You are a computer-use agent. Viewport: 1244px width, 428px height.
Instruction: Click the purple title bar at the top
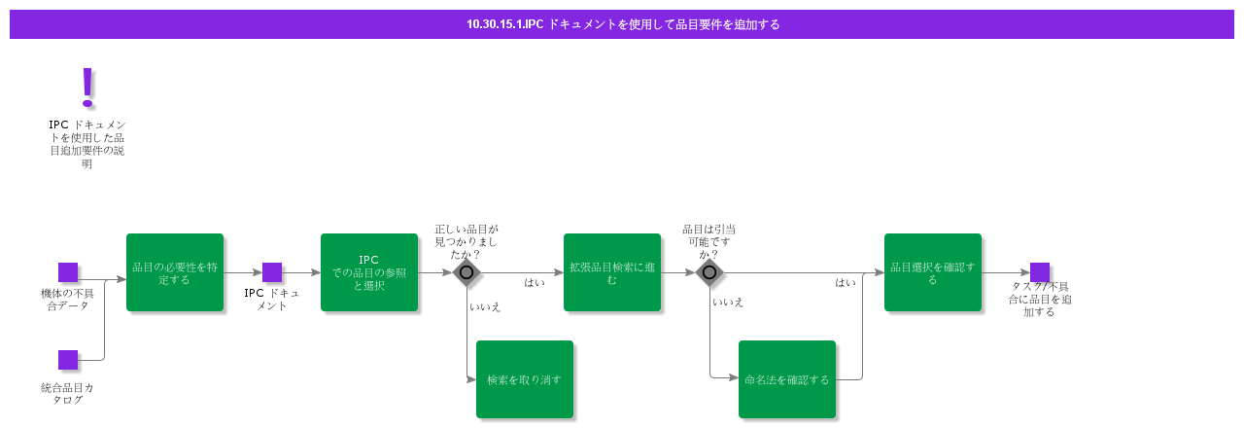pyautogui.click(x=622, y=24)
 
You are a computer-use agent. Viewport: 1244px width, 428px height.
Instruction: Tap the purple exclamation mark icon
pyautogui.click(x=87, y=88)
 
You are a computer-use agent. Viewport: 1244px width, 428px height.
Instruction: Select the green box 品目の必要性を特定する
pyautogui.click(x=175, y=272)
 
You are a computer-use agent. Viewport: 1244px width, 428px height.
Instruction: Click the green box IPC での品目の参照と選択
pyautogui.click(x=369, y=272)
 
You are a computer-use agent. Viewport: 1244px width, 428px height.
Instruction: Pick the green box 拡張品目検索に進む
pyautogui.click(x=612, y=272)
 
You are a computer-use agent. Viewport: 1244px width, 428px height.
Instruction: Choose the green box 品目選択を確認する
pyautogui.click(x=933, y=272)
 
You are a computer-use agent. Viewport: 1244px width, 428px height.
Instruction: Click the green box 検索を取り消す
pyautogui.click(x=525, y=379)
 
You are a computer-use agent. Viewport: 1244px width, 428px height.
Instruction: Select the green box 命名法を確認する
pyautogui.click(x=787, y=379)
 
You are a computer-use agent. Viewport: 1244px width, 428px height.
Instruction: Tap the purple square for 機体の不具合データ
pyautogui.click(x=68, y=272)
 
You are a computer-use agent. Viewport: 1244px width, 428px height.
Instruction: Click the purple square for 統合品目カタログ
pyautogui.click(x=68, y=360)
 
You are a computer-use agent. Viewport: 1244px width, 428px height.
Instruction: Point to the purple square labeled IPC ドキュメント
pyautogui.click(x=272, y=272)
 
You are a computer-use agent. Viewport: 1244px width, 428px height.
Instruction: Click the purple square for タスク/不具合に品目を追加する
pyautogui.click(x=1040, y=272)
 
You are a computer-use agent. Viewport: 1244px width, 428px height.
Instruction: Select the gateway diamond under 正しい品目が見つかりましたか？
pyautogui.click(x=466, y=272)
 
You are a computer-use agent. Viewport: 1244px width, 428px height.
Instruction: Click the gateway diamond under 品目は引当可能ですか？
pyautogui.click(x=709, y=272)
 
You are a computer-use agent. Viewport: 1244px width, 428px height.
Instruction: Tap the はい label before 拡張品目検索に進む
pyautogui.click(x=535, y=283)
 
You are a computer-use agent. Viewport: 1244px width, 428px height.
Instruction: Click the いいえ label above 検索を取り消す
pyautogui.click(x=485, y=306)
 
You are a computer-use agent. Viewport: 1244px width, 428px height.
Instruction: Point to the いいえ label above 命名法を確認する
pyautogui.click(x=728, y=303)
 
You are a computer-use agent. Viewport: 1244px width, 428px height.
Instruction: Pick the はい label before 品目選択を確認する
pyautogui.click(x=846, y=283)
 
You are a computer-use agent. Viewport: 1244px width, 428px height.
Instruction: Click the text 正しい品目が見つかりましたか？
pyautogui.click(x=466, y=241)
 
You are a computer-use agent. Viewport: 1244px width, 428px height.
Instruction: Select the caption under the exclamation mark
pyautogui.click(x=87, y=144)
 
